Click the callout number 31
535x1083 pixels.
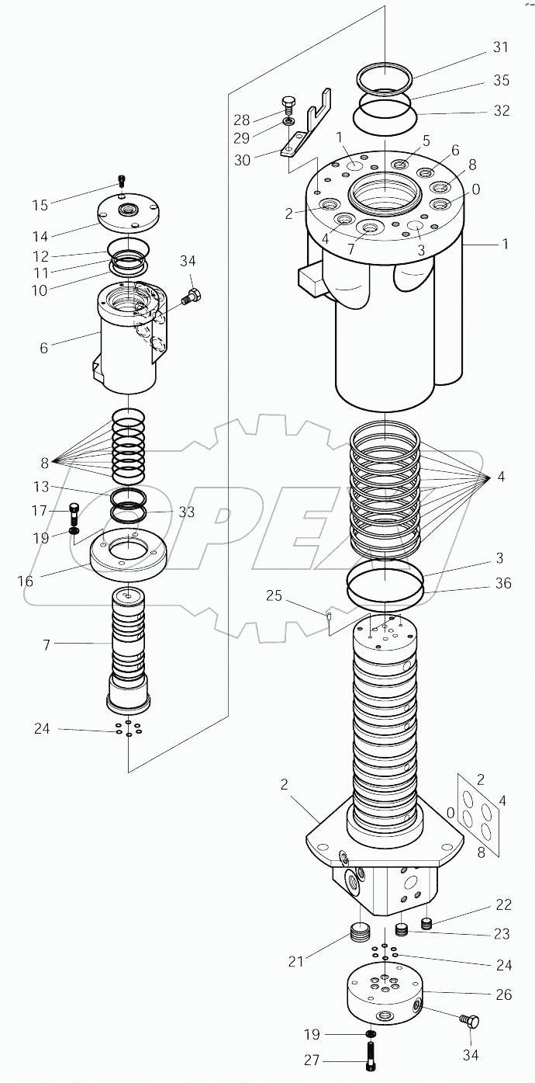(x=501, y=47)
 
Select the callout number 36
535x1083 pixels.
(x=503, y=583)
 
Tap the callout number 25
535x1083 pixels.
(x=274, y=595)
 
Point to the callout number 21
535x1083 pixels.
(x=295, y=962)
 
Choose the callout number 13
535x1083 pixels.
(x=40, y=487)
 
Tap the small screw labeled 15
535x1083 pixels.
(x=121, y=181)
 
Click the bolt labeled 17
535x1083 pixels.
(x=74, y=511)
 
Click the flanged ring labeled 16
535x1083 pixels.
(x=129, y=555)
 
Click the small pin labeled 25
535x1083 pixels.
(x=330, y=617)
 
